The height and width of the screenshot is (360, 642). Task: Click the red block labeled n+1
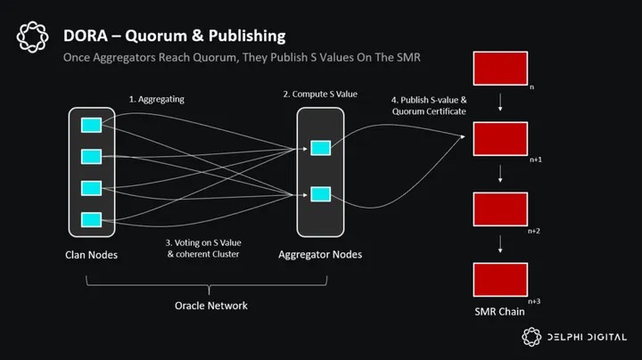pos(499,139)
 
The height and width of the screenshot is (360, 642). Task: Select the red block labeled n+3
pos(499,278)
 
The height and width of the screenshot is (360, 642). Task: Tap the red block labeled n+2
pos(499,209)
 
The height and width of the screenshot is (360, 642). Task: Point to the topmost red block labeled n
pos(499,69)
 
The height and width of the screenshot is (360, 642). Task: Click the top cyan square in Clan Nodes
pos(91,125)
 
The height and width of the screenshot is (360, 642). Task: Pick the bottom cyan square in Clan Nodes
pos(91,219)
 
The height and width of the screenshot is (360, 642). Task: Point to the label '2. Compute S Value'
pos(320,94)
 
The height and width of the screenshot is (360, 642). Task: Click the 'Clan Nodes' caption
pos(91,255)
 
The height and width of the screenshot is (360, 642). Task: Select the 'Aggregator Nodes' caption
pos(320,255)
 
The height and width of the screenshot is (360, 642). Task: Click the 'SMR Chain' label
pos(499,312)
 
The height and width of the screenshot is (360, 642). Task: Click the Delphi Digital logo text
pos(589,337)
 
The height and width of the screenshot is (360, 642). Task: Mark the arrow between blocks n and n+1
pos(499,103)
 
